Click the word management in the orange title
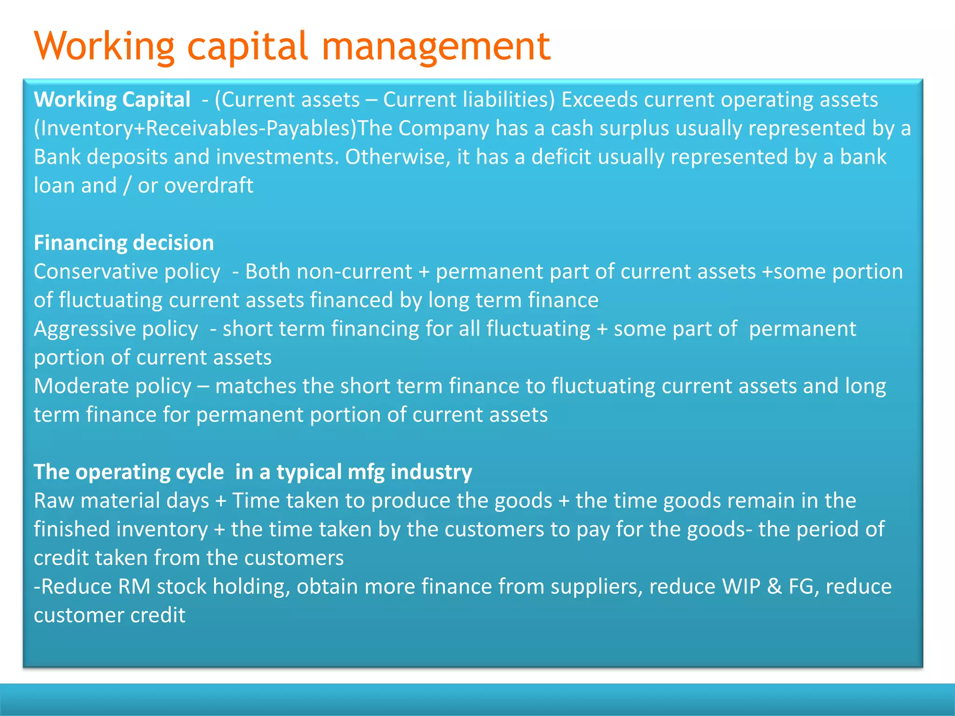[x=436, y=47]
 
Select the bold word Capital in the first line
[x=156, y=100]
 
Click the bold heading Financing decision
[x=124, y=243]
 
